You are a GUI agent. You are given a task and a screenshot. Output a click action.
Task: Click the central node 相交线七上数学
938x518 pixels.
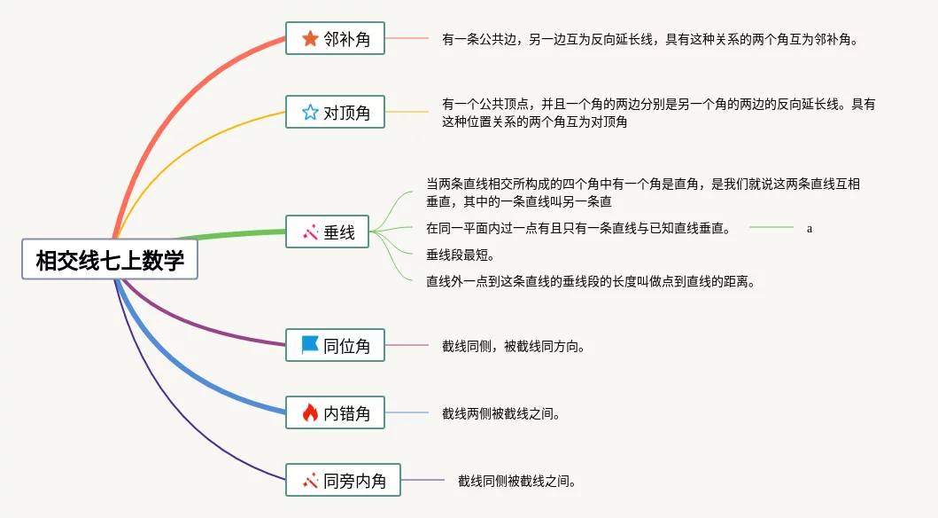[x=110, y=259]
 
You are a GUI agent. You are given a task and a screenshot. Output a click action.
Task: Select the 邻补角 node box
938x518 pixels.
[x=335, y=38]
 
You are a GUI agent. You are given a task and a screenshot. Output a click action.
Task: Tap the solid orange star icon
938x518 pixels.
[x=310, y=38]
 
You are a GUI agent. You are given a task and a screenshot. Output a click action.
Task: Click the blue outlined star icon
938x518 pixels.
[x=310, y=112]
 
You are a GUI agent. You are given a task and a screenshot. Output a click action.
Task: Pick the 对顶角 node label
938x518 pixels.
[x=347, y=113]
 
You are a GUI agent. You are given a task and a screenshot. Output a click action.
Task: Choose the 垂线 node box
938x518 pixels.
[x=327, y=232]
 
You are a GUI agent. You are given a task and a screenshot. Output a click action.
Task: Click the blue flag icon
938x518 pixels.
[x=310, y=344]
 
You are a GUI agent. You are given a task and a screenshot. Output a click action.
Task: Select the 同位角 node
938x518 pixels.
[x=335, y=345]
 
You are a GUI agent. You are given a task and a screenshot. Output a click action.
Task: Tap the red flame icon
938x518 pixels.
[x=310, y=412]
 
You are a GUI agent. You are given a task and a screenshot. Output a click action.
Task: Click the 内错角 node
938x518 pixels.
[x=335, y=412]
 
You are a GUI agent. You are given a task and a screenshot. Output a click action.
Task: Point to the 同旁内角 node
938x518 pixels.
[x=343, y=480]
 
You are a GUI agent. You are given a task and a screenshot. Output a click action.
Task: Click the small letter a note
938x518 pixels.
[x=810, y=228]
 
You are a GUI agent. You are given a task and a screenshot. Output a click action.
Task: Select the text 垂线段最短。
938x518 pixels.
[x=460, y=255]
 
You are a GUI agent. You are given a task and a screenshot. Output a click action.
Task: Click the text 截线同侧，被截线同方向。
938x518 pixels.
[x=513, y=346]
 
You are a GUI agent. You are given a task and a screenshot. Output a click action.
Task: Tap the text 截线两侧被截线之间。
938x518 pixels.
[x=500, y=414]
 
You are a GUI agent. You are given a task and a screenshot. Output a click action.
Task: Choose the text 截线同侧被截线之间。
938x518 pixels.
[x=517, y=481]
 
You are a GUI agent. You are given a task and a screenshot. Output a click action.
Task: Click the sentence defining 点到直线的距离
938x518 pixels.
[x=591, y=281]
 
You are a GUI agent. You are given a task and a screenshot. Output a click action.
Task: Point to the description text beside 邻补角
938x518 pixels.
[x=650, y=40]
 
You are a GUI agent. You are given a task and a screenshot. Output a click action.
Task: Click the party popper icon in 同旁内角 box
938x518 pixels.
[x=310, y=480]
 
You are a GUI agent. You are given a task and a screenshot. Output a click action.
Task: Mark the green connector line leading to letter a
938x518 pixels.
[x=771, y=228]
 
